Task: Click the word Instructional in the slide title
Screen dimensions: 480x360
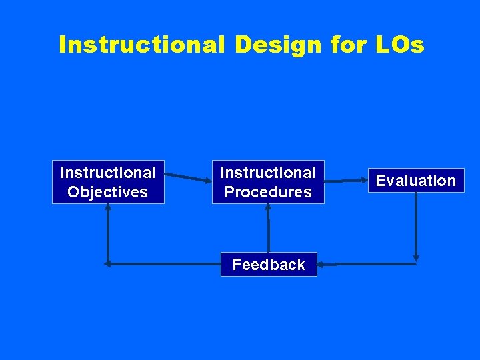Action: [142, 45]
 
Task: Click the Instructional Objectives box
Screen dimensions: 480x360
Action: [108, 182]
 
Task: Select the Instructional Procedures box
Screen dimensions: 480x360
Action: [268, 182]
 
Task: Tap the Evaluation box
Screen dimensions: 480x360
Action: [416, 181]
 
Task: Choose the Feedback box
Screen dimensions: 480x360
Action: [269, 265]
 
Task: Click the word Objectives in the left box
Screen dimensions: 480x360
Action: [108, 192]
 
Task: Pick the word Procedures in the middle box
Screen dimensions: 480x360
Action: [268, 192]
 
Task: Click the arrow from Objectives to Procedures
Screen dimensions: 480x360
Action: [188, 177]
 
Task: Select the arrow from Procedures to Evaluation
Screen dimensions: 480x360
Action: [345, 181]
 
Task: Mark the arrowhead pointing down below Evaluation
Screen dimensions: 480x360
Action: [416, 257]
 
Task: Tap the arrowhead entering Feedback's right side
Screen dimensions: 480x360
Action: [321, 265]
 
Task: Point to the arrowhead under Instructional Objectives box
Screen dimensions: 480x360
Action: [108, 207]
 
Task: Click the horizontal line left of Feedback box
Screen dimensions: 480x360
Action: [163, 264]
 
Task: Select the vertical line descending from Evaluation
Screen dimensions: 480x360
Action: [416, 223]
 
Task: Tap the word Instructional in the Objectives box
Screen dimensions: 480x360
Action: [108, 173]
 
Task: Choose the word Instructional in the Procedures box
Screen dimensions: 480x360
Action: [268, 173]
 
